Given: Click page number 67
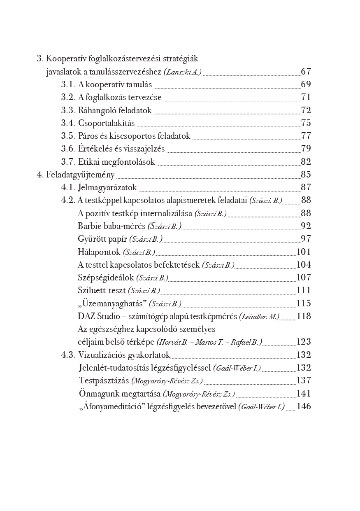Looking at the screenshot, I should [x=306, y=72].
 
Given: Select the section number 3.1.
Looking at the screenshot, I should [x=68, y=84].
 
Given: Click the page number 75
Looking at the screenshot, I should [x=306, y=123].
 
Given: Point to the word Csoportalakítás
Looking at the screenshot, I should [x=107, y=123].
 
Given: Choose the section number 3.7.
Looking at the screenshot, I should [x=68, y=162].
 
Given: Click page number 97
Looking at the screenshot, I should [x=306, y=239].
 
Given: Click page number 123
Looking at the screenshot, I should [x=304, y=342].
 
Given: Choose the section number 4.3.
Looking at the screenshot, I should [x=68, y=355].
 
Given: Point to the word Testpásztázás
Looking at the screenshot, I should [x=104, y=380].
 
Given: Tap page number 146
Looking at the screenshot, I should [x=304, y=406].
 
